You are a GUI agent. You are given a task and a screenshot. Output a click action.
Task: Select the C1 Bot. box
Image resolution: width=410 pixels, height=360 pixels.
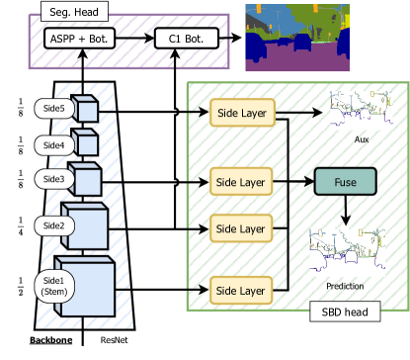(187, 40)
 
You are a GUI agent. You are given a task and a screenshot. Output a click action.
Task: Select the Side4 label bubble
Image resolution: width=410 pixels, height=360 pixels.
(52, 144)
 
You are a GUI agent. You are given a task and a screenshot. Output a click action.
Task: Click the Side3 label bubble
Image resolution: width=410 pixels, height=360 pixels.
(52, 179)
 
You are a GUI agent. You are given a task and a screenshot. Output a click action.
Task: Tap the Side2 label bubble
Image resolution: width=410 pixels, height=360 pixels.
(52, 225)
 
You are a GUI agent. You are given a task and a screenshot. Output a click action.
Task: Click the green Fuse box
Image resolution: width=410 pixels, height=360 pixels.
(345, 182)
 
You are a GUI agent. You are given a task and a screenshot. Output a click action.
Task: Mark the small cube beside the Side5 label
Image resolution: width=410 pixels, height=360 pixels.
(85, 111)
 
